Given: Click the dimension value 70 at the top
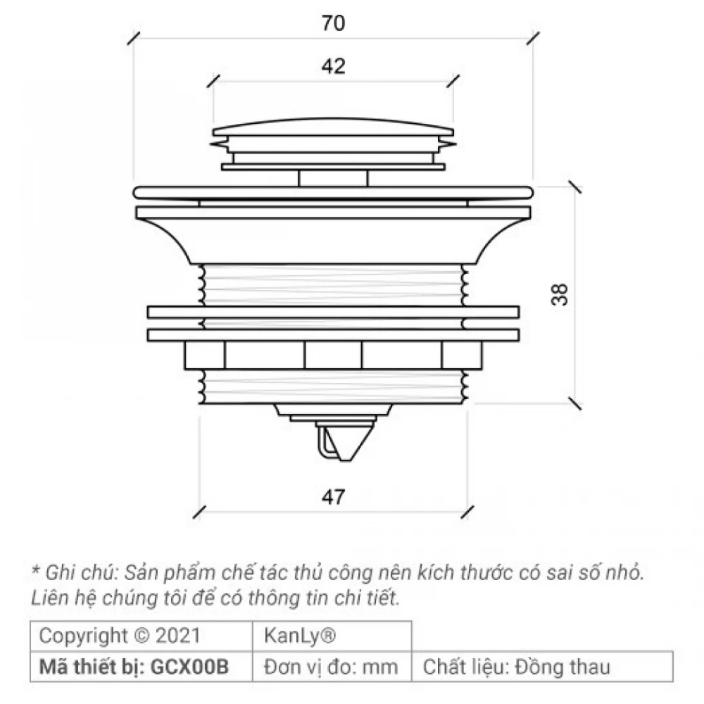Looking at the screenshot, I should coord(334,23).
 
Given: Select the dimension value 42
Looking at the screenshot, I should coord(334,67).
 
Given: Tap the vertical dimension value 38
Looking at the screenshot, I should coord(559,294).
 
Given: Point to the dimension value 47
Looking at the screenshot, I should coord(334,497).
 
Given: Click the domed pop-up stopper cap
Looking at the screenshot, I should coord(333,130).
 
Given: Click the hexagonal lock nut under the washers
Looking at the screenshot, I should coord(333,354).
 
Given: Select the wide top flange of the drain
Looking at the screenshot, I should coord(333,191).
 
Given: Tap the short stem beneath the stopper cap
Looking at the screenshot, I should coord(333,178).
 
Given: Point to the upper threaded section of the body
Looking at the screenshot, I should coord(333,285).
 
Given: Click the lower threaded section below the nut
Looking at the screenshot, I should coord(333,387).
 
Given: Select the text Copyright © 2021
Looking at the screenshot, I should coord(120,636).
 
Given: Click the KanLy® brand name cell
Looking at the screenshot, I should coord(299,636).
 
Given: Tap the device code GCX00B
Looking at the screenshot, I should coord(190,667).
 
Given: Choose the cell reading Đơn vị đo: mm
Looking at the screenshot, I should coord(331,667).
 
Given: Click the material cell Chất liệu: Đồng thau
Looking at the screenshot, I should coord(516,667).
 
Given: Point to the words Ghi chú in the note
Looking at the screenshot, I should coord(71,571).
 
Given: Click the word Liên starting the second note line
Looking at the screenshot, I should coord(46,598).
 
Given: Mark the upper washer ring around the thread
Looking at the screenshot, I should coord(333,312).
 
